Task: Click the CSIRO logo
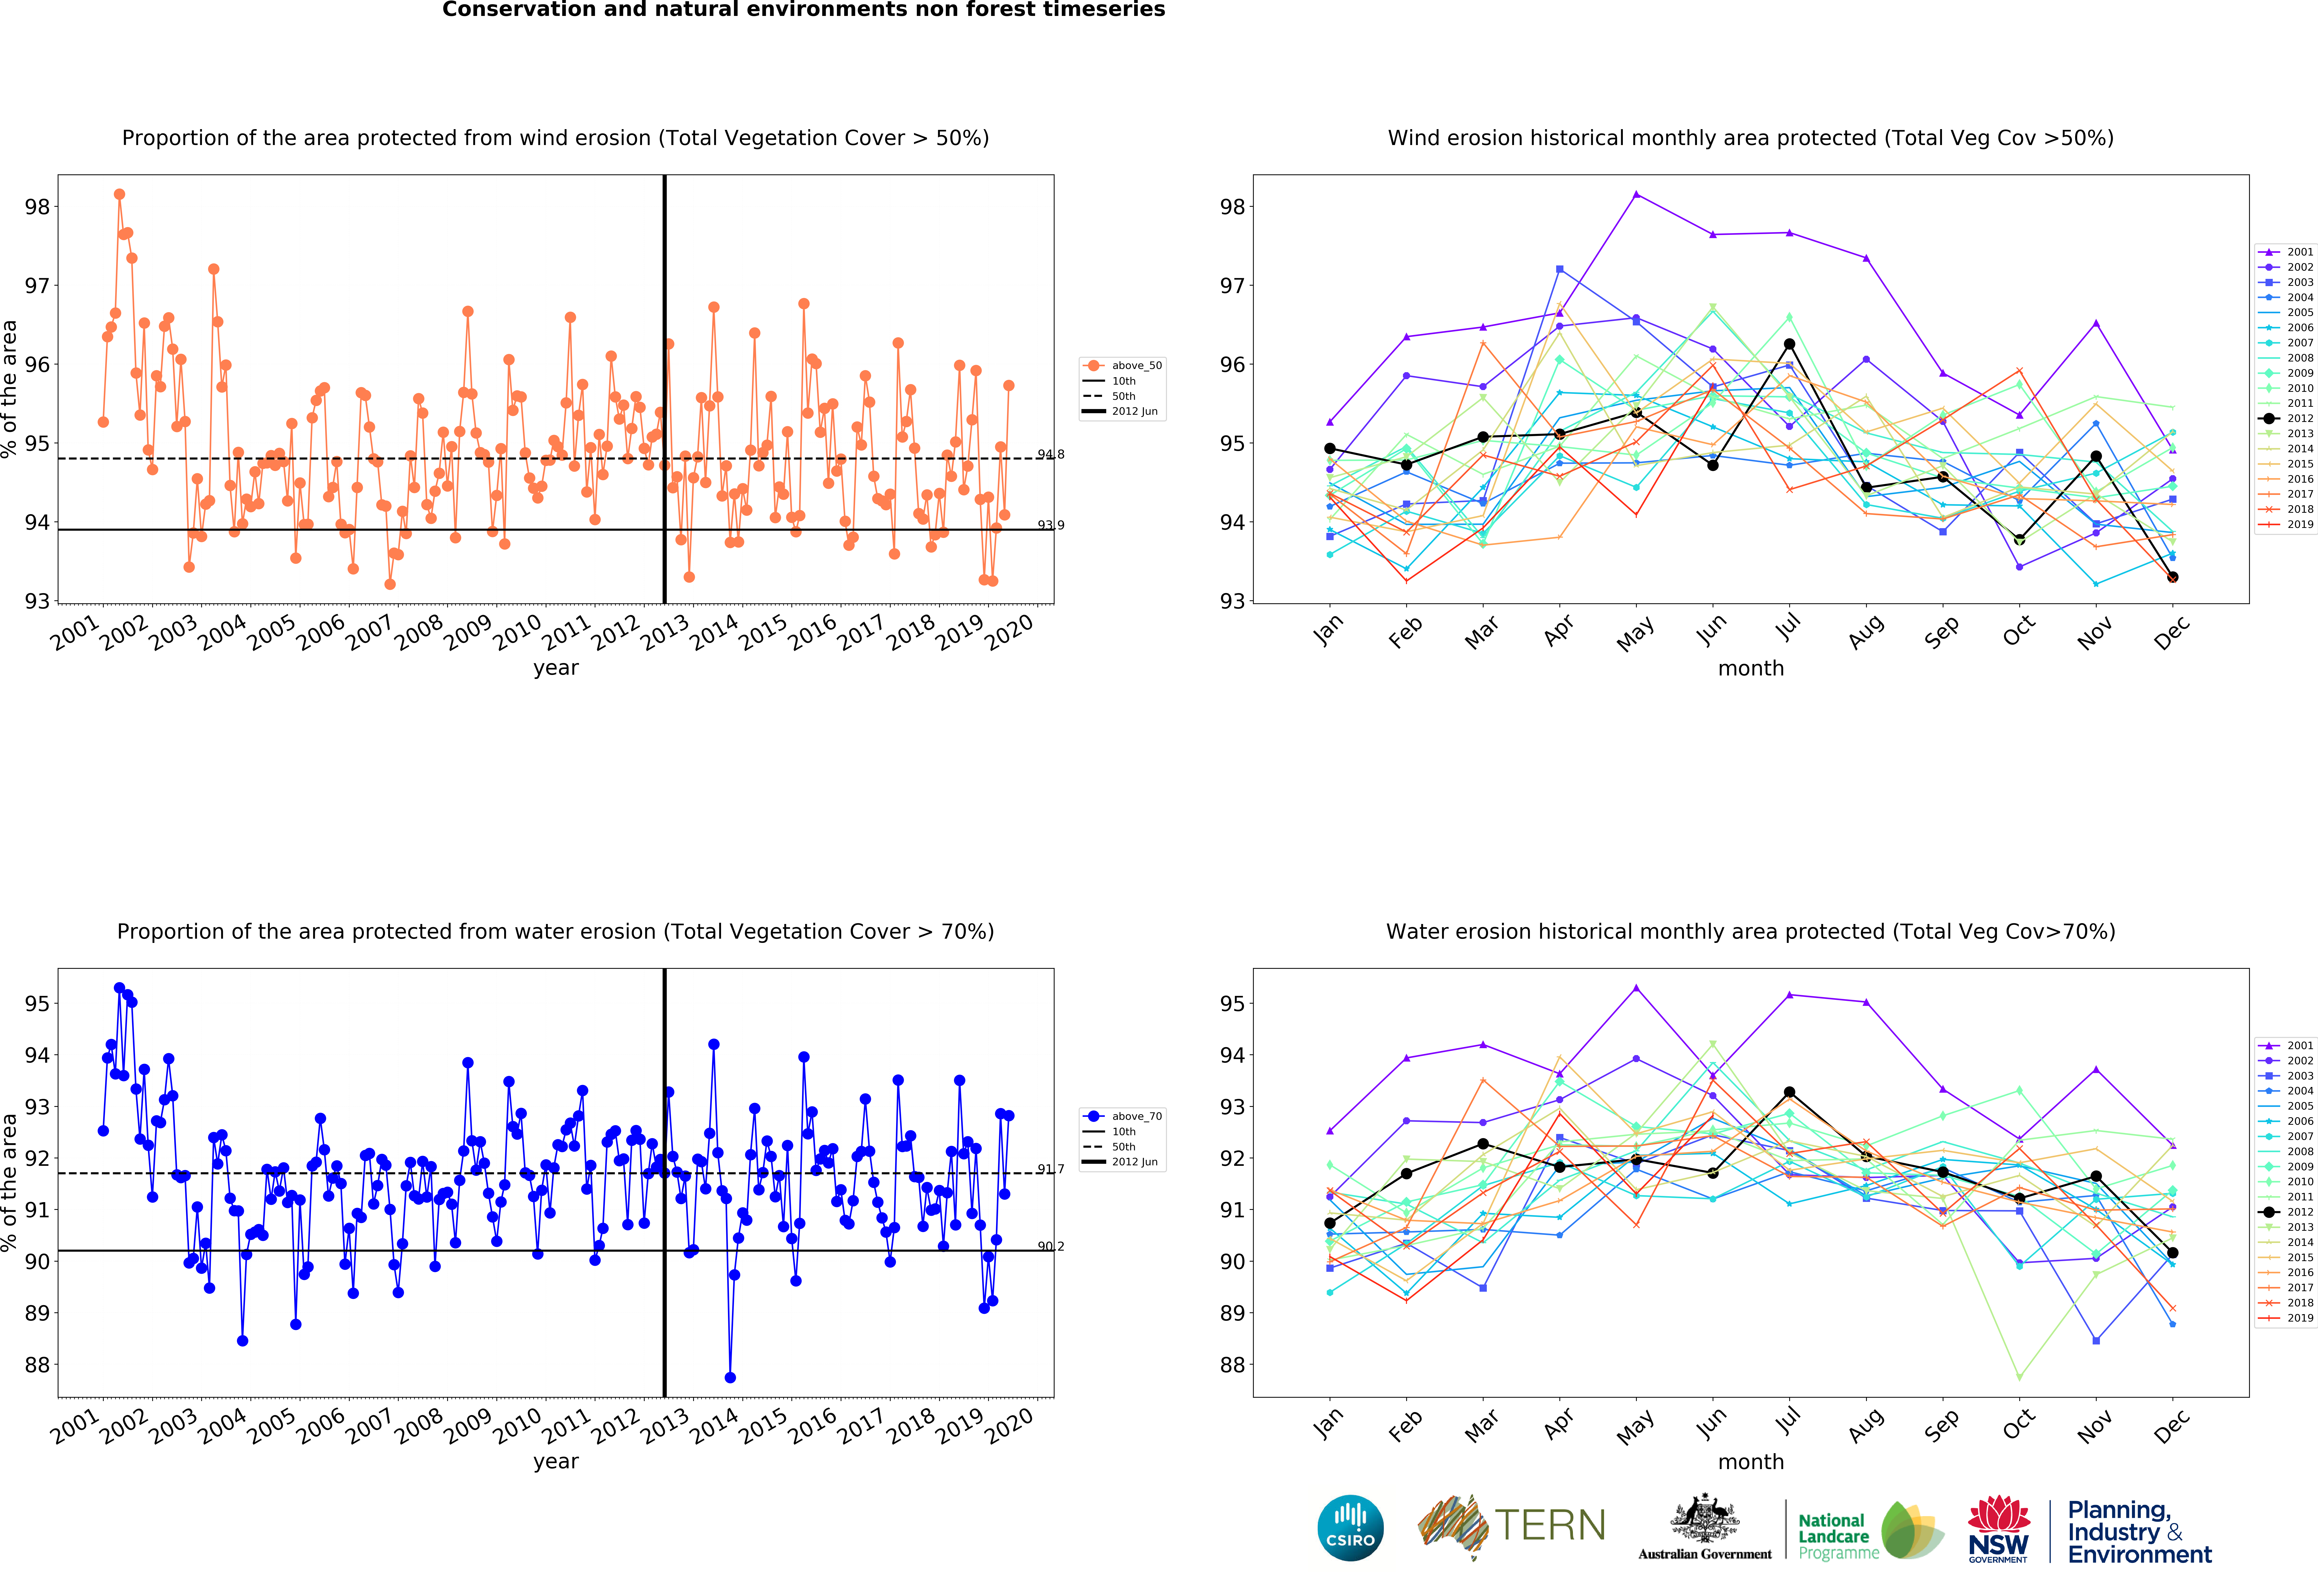click(1351, 1527)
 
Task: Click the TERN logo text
click(1550, 1525)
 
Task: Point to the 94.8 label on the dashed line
click(1050, 455)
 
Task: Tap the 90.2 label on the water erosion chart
click(1050, 1246)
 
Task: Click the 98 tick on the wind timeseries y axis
click(37, 206)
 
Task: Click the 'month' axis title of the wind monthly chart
click(1750, 668)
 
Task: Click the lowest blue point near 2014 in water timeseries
click(730, 1378)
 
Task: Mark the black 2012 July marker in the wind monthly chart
click(1789, 344)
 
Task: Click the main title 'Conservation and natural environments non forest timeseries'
click(804, 10)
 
